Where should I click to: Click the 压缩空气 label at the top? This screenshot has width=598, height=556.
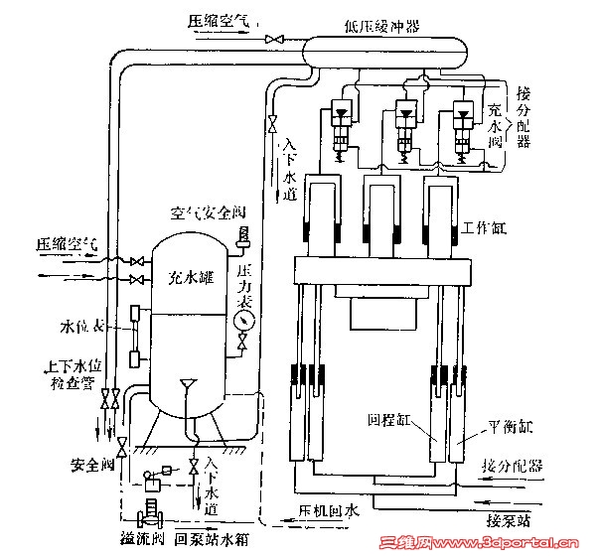[x=220, y=19]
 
